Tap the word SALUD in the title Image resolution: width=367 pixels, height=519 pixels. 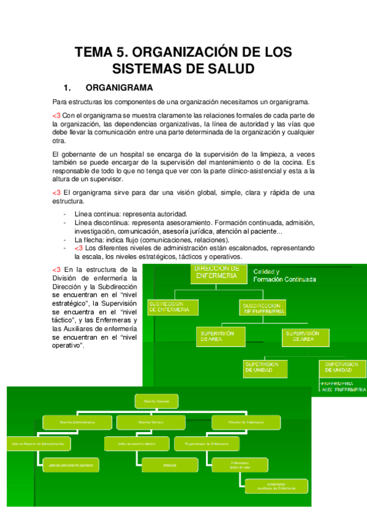coord(228,69)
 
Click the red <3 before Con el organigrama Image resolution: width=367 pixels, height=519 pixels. coord(56,114)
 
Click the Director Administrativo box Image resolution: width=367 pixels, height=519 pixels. coord(77,422)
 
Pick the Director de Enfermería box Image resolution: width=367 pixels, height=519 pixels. coord(246,422)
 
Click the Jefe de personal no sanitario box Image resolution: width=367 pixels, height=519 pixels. coord(68,465)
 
